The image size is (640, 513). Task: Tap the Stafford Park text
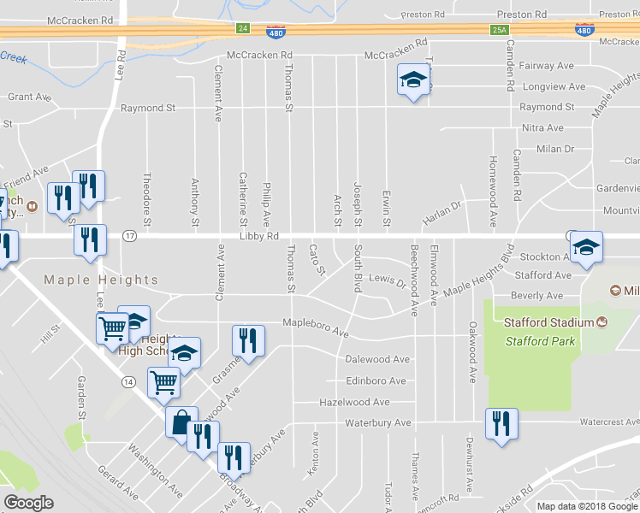tap(539, 341)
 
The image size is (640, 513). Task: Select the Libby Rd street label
tap(260, 236)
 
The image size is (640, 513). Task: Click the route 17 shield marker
tap(129, 235)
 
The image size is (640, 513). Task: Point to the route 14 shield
tap(128, 380)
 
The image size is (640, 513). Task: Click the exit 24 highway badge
tap(243, 29)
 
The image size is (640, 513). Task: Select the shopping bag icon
tap(181, 422)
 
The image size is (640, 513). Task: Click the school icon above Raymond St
tap(412, 81)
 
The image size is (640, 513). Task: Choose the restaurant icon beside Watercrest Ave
tap(500, 424)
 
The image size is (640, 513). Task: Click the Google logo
tap(28, 503)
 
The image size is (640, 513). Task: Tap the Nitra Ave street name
tap(542, 128)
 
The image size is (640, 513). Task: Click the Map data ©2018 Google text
tap(587, 506)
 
